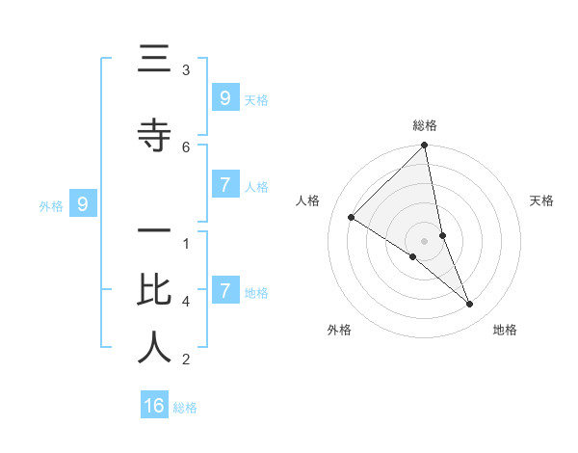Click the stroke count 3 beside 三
[186, 69]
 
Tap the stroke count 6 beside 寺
[186, 147]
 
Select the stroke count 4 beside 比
[186, 301]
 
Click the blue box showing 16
[154, 406]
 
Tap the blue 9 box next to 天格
[224, 98]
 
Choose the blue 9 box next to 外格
[83, 204]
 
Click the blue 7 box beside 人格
[224, 185]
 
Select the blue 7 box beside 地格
[224, 291]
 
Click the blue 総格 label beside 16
[185, 408]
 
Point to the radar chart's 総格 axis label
[425, 125]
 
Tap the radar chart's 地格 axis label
[505, 330]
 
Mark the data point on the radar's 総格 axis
[425, 146]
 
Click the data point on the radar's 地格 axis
[470, 304]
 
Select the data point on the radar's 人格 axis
[352, 218]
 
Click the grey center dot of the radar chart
[425, 240]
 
